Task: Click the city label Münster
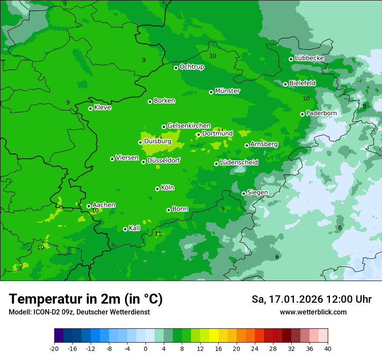(227, 91)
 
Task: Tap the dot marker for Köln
(157, 189)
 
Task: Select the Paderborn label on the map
(321, 113)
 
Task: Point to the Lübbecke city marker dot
(291, 59)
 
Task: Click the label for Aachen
(104, 205)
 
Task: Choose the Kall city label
(135, 228)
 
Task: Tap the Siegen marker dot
(244, 193)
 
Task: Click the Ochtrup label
(192, 67)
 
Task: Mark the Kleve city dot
(90, 108)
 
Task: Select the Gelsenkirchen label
(189, 126)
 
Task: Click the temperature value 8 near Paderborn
(364, 106)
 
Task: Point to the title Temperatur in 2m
(86, 299)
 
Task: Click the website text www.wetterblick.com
(313, 312)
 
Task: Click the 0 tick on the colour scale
(145, 349)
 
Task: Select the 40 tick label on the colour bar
(328, 349)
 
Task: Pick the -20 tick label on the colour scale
(54, 349)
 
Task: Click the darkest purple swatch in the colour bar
(59, 336)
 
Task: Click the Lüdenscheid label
(239, 163)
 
